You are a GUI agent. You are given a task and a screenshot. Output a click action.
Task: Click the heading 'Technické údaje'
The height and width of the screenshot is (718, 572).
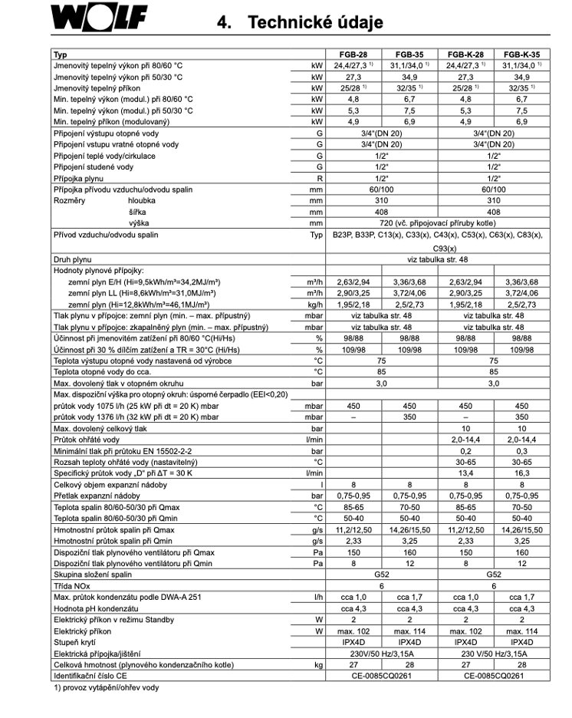[315, 22]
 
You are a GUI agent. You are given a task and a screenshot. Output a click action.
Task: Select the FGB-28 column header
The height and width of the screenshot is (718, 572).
[353, 55]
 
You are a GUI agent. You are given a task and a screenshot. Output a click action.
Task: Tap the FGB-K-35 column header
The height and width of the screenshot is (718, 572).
[521, 55]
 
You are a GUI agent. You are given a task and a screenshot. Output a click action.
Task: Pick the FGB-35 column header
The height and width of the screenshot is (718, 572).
[409, 55]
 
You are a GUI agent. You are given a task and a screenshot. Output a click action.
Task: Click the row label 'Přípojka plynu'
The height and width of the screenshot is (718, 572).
[77, 178]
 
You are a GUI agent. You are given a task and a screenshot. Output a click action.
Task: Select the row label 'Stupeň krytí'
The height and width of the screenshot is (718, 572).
[74, 641]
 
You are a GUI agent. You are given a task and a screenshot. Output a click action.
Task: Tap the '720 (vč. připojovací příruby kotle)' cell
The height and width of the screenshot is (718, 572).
[437, 222]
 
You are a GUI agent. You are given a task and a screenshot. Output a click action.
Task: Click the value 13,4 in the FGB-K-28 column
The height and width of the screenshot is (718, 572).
[465, 473]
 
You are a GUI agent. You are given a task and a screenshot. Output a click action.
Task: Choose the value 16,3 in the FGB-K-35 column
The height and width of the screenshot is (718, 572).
[521, 473]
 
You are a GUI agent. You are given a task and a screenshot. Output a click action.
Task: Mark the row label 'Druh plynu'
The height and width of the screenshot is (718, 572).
[74, 260]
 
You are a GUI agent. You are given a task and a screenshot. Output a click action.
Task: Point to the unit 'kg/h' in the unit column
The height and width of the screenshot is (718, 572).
[315, 305]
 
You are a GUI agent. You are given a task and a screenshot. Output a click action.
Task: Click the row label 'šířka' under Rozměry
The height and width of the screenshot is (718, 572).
[136, 211]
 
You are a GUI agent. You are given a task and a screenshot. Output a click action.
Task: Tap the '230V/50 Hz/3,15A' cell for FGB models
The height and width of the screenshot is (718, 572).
[381, 653]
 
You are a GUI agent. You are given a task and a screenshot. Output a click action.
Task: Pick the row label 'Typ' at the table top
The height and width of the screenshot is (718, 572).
[60, 55]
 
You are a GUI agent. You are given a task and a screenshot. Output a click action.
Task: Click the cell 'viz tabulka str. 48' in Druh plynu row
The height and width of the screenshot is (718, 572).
[437, 260]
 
